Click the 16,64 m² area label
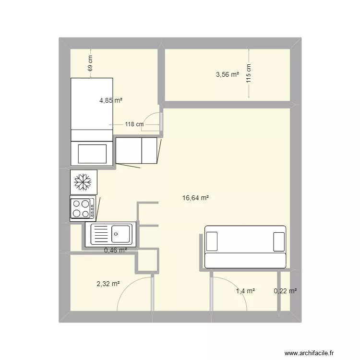tap(195, 198)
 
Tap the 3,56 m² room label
tap(228, 74)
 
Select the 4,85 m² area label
tap(111, 100)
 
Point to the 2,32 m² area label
tap(108, 284)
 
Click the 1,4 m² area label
tap(245, 291)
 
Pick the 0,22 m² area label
tap(285, 291)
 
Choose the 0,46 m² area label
tap(116, 250)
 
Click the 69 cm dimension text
tap(90, 63)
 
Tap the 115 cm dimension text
tap(249, 73)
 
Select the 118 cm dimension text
tap(134, 124)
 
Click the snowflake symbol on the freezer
tap(83, 182)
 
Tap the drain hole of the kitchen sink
tap(116, 234)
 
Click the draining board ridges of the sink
tap(99, 234)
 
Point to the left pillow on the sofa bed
tap(212, 241)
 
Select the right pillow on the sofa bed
tap(279, 242)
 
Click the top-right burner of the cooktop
tap(85, 204)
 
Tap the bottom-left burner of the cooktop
tap(76, 214)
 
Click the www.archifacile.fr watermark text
tap(309, 353)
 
